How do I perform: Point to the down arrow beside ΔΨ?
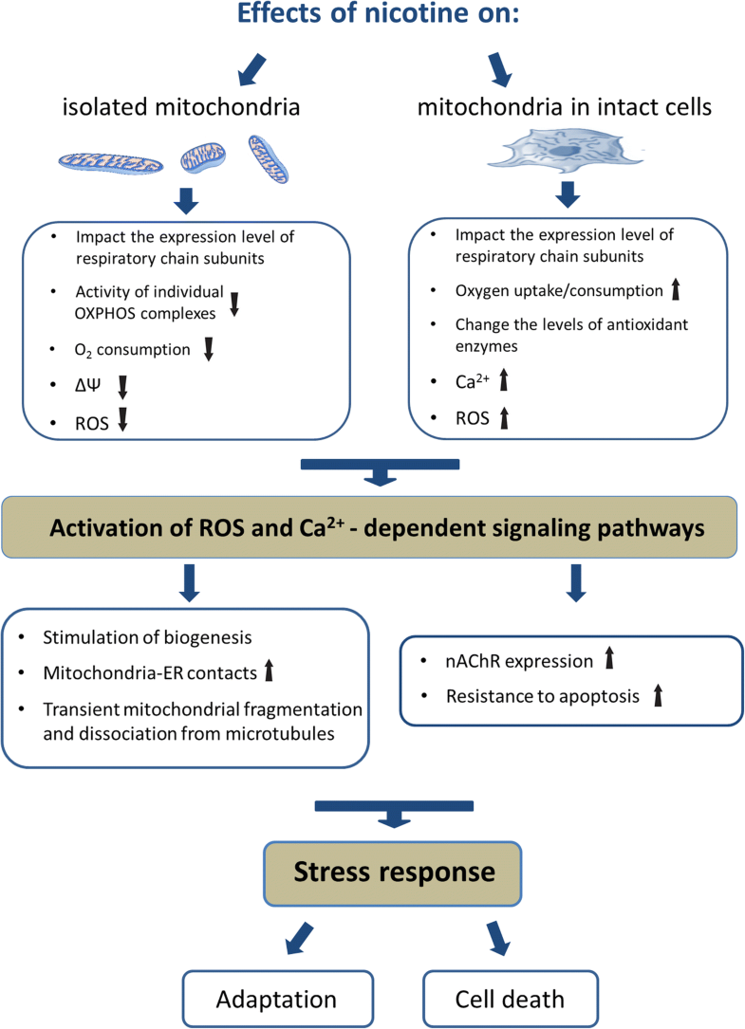[x=122, y=387]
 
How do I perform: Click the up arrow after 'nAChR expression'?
[x=609, y=660]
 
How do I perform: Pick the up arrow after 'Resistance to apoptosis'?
[x=657, y=697]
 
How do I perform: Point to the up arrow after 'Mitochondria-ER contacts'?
[x=269, y=674]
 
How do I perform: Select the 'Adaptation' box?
[x=276, y=999]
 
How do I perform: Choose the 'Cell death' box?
[x=511, y=999]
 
